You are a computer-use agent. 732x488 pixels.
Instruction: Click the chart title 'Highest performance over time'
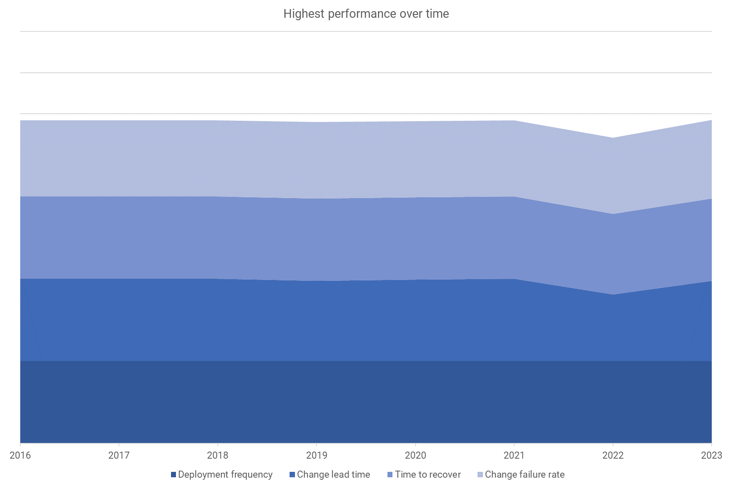[x=366, y=14]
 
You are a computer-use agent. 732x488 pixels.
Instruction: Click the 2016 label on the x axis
[x=20, y=455]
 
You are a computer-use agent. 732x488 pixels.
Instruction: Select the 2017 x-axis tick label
[x=119, y=455]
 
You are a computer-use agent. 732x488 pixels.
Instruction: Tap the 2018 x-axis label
[x=218, y=455]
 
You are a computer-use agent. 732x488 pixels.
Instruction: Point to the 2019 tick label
[x=316, y=455]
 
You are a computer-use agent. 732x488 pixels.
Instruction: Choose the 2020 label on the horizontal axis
[x=415, y=455]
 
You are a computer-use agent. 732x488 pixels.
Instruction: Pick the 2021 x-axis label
[x=514, y=455]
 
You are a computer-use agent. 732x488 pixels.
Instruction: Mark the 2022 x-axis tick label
[x=613, y=455]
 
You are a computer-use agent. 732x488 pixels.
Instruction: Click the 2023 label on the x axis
[x=711, y=455]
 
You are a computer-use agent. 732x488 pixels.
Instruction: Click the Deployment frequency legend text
[x=225, y=474]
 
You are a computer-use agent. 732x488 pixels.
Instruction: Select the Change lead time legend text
[x=333, y=474]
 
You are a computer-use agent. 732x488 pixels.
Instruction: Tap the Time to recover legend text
[x=428, y=474]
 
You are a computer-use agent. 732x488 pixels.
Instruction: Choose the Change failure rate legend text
[x=525, y=474]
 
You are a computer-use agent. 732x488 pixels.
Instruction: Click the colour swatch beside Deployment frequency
[x=173, y=475]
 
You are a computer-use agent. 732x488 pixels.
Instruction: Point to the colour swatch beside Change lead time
[x=292, y=475]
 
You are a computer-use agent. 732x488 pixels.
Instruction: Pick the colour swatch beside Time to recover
[x=390, y=475]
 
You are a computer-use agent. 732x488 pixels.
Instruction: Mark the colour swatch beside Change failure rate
[x=480, y=475]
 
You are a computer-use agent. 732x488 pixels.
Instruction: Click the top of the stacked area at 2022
[x=613, y=138]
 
